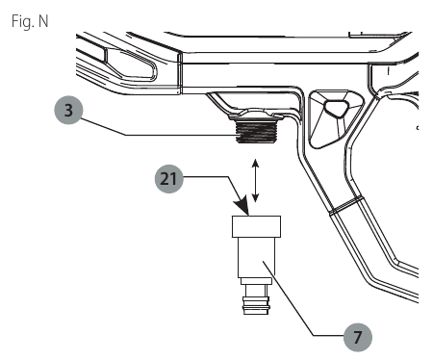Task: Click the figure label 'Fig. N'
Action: click(x=30, y=21)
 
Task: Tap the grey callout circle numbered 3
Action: click(x=68, y=110)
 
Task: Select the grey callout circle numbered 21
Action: click(x=169, y=178)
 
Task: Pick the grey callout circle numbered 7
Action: click(x=358, y=337)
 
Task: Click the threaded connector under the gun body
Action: click(x=256, y=132)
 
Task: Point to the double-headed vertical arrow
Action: click(x=255, y=180)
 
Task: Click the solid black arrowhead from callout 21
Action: click(x=242, y=205)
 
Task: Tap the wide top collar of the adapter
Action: click(x=256, y=226)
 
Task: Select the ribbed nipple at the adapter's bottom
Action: click(x=256, y=306)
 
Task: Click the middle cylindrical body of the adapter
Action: click(x=256, y=257)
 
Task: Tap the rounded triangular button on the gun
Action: click(x=336, y=108)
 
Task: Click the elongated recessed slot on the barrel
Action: click(x=131, y=64)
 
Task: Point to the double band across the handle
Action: click(x=346, y=205)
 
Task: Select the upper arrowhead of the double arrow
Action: click(x=255, y=163)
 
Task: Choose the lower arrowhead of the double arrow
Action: click(x=255, y=197)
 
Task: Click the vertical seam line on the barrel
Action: click(x=181, y=73)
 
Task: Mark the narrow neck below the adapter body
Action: click(x=256, y=291)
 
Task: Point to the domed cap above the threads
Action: click(x=256, y=115)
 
